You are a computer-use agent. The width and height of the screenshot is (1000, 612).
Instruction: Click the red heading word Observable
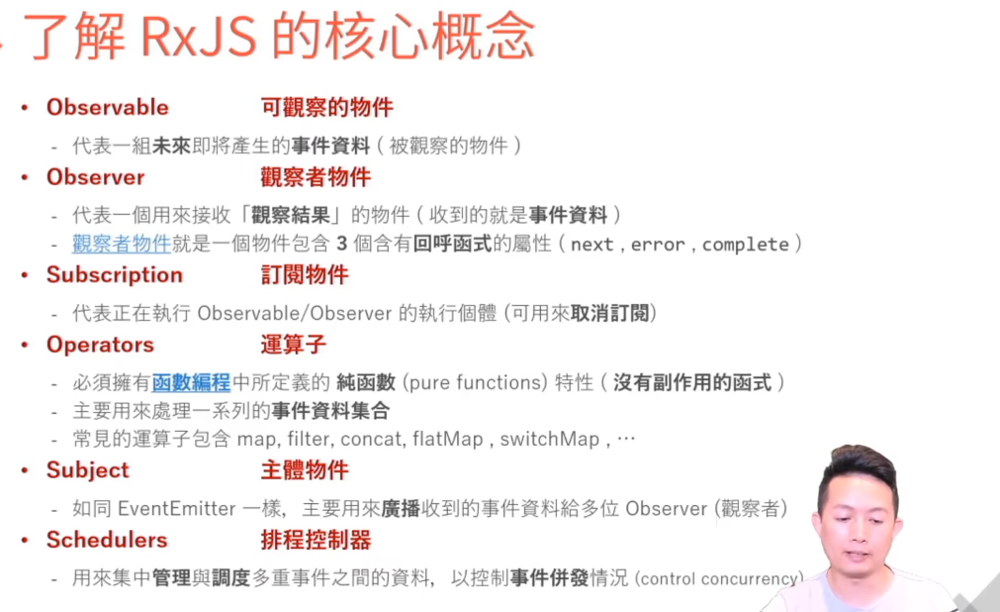tap(107, 107)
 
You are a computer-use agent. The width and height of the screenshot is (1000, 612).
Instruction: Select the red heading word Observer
tap(95, 177)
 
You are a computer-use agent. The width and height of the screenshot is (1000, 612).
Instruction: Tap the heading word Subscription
tap(114, 274)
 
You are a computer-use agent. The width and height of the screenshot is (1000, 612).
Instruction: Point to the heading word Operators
tap(100, 345)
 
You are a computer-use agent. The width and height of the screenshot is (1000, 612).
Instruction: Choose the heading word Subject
tap(87, 470)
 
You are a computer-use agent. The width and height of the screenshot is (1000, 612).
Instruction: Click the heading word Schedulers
tap(106, 540)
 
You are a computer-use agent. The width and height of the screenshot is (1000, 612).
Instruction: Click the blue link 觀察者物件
tap(108, 244)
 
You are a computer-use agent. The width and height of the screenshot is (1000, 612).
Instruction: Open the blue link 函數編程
tap(191, 382)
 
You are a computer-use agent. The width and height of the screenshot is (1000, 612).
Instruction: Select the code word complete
tap(746, 245)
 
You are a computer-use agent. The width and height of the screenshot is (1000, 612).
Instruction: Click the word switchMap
tap(549, 439)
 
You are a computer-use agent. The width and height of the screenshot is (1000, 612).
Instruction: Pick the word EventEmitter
tap(176, 509)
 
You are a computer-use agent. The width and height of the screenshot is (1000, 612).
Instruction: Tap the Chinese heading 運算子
tap(293, 345)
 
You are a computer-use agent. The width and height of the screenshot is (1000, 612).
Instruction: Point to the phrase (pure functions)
tap(467, 382)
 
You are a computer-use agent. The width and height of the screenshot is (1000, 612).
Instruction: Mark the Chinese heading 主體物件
tap(304, 470)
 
